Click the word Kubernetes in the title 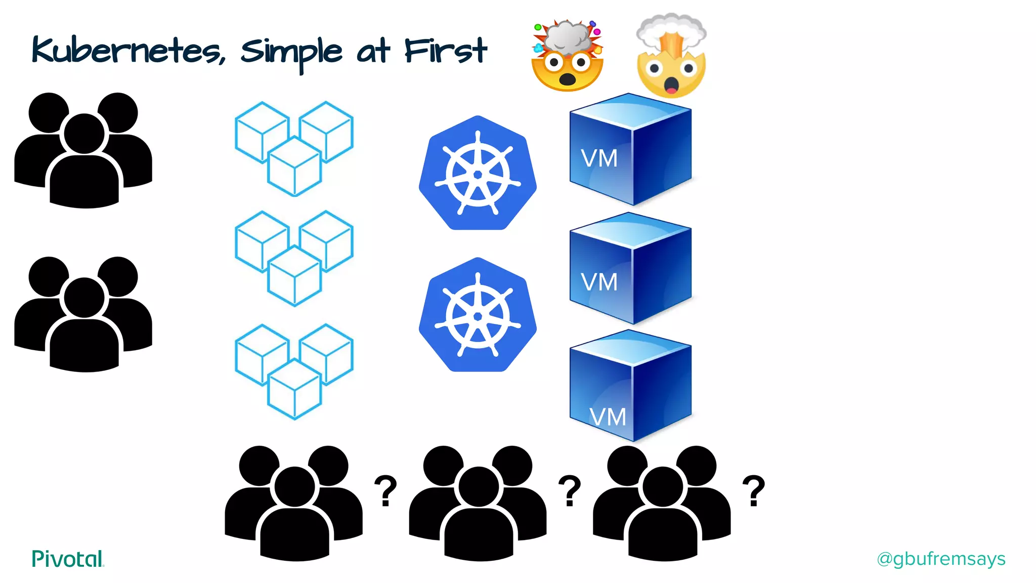126,52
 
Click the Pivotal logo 68,559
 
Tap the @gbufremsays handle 941,559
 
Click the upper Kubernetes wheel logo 478,174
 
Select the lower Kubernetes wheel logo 478,315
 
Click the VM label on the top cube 599,158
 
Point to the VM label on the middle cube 599,282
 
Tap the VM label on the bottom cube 608,417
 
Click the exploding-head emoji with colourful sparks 568,56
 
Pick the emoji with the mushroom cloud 671,56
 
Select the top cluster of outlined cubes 294,148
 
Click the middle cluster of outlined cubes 294,258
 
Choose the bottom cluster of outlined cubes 294,371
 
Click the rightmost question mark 754,490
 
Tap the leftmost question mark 385,490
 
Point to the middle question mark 570,490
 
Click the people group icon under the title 83,150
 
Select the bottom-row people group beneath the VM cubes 662,503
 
